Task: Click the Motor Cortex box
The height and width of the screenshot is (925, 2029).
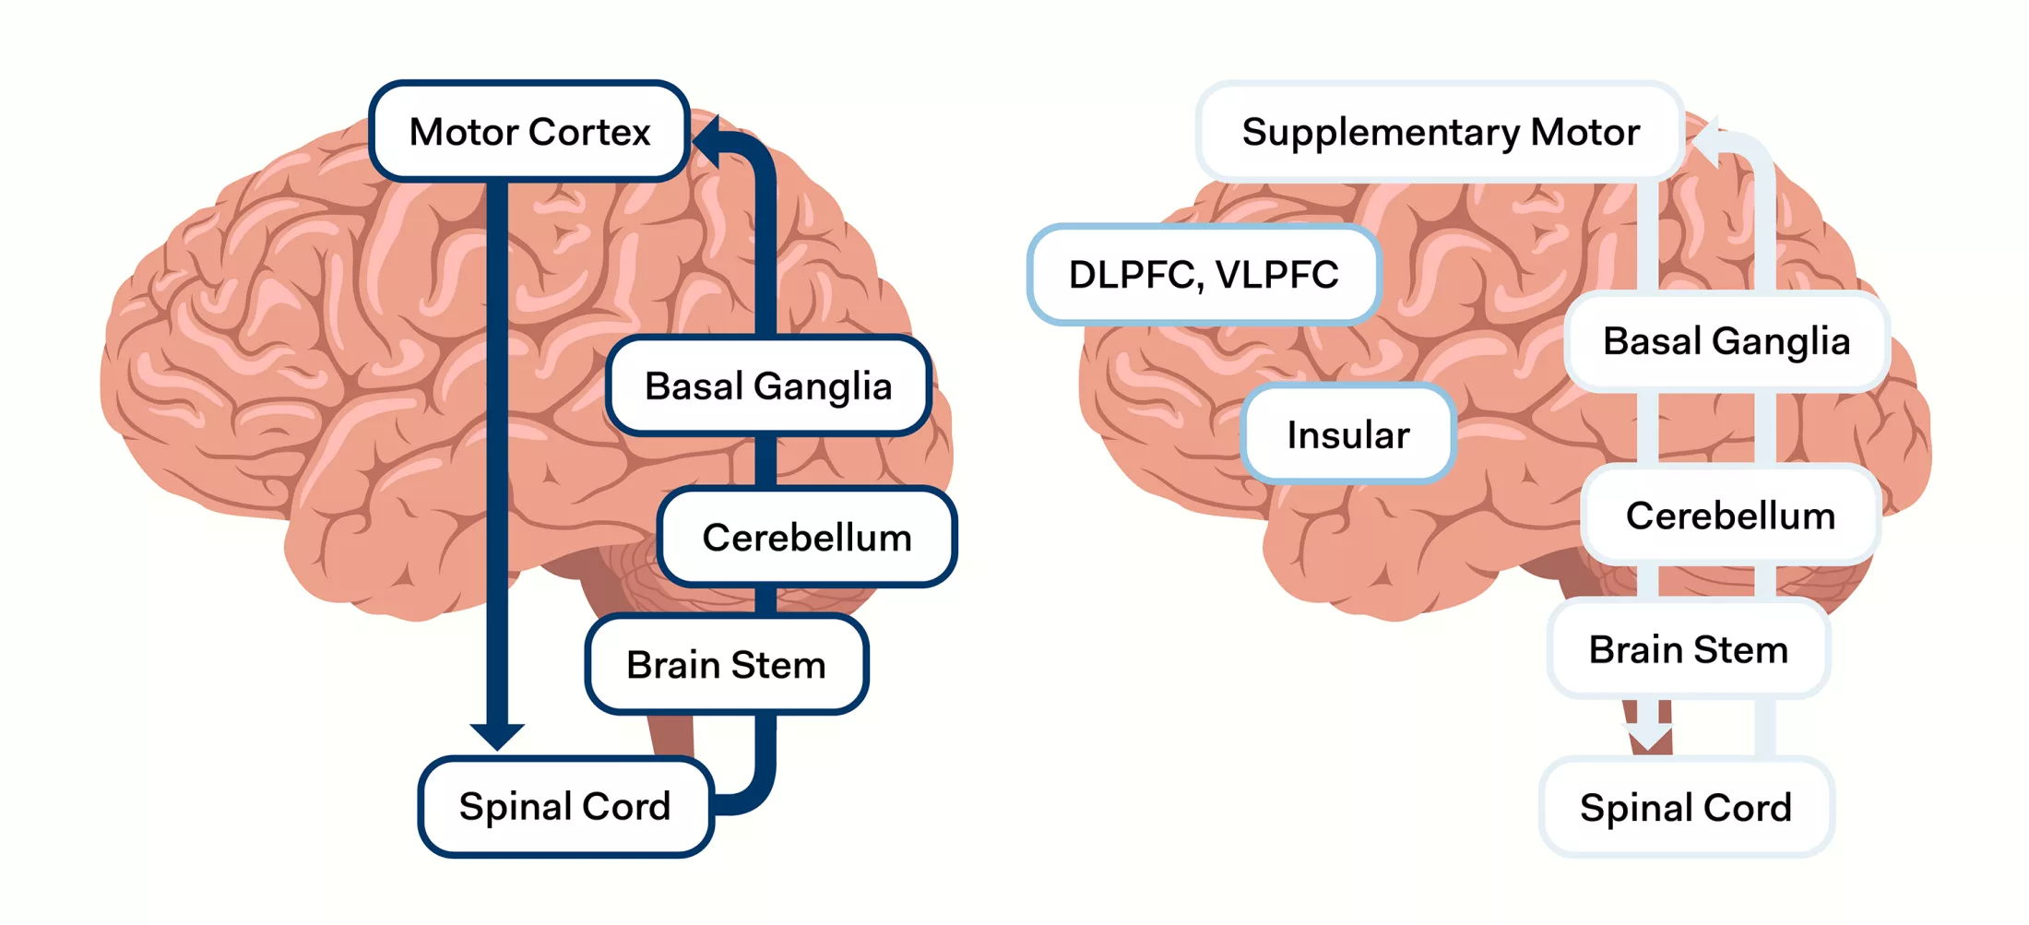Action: tap(529, 131)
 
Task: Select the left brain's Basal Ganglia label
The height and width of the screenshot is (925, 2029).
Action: tap(767, 385)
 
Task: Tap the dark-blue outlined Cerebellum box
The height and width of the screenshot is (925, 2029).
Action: tap(807, 537)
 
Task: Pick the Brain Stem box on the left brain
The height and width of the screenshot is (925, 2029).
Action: tap(726, 664)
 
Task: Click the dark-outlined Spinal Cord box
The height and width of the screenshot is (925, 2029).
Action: tap(565, 806)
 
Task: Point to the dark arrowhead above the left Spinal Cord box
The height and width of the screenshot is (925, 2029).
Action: tap(497, 735)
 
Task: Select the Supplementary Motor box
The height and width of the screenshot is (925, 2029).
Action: tap(1440, 131)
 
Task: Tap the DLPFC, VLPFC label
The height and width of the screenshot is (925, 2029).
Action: tap(1203, 274)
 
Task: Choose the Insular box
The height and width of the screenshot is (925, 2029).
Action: tap(1347, 434)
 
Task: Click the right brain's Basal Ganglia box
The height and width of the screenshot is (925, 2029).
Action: tap(1726, 341)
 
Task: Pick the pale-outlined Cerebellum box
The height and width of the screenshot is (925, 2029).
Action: tap(1730, 515)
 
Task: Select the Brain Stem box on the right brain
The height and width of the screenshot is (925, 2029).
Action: tap(1688, 649)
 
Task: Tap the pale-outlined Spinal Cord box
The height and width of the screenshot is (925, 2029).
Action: tap(1685, 807)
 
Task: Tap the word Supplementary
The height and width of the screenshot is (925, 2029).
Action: tap(1380, 133)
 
